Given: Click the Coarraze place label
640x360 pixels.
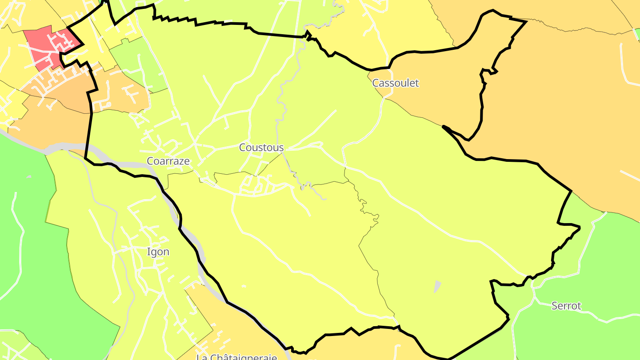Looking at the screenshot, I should tap(168, 161).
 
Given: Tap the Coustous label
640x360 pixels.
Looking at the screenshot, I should tap(261, 147).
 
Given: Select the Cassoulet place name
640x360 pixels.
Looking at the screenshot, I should tap(396, 83).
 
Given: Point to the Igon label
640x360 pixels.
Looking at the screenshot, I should tap(158, 252).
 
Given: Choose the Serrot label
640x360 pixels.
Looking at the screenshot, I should tap(566, 306).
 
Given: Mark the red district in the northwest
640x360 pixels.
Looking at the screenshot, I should tap(47, 47).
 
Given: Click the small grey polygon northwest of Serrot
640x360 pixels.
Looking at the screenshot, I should tap(437, 287).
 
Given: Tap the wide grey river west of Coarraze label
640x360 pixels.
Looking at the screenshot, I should tap(67, 148).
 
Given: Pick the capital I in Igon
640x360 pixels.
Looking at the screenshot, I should tap(149, 252).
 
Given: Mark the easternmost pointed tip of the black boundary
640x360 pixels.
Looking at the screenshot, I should tap(580, 228).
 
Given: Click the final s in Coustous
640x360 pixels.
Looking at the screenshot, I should tap(281, 148).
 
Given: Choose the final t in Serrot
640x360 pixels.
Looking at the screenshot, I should tap(579, 306).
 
